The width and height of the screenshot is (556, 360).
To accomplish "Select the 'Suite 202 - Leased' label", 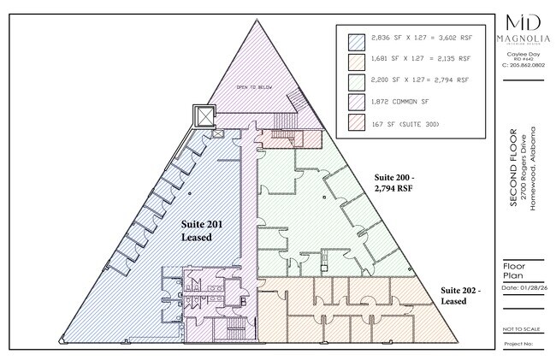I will point(460,295).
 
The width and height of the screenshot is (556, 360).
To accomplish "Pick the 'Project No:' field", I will point(518,345).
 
